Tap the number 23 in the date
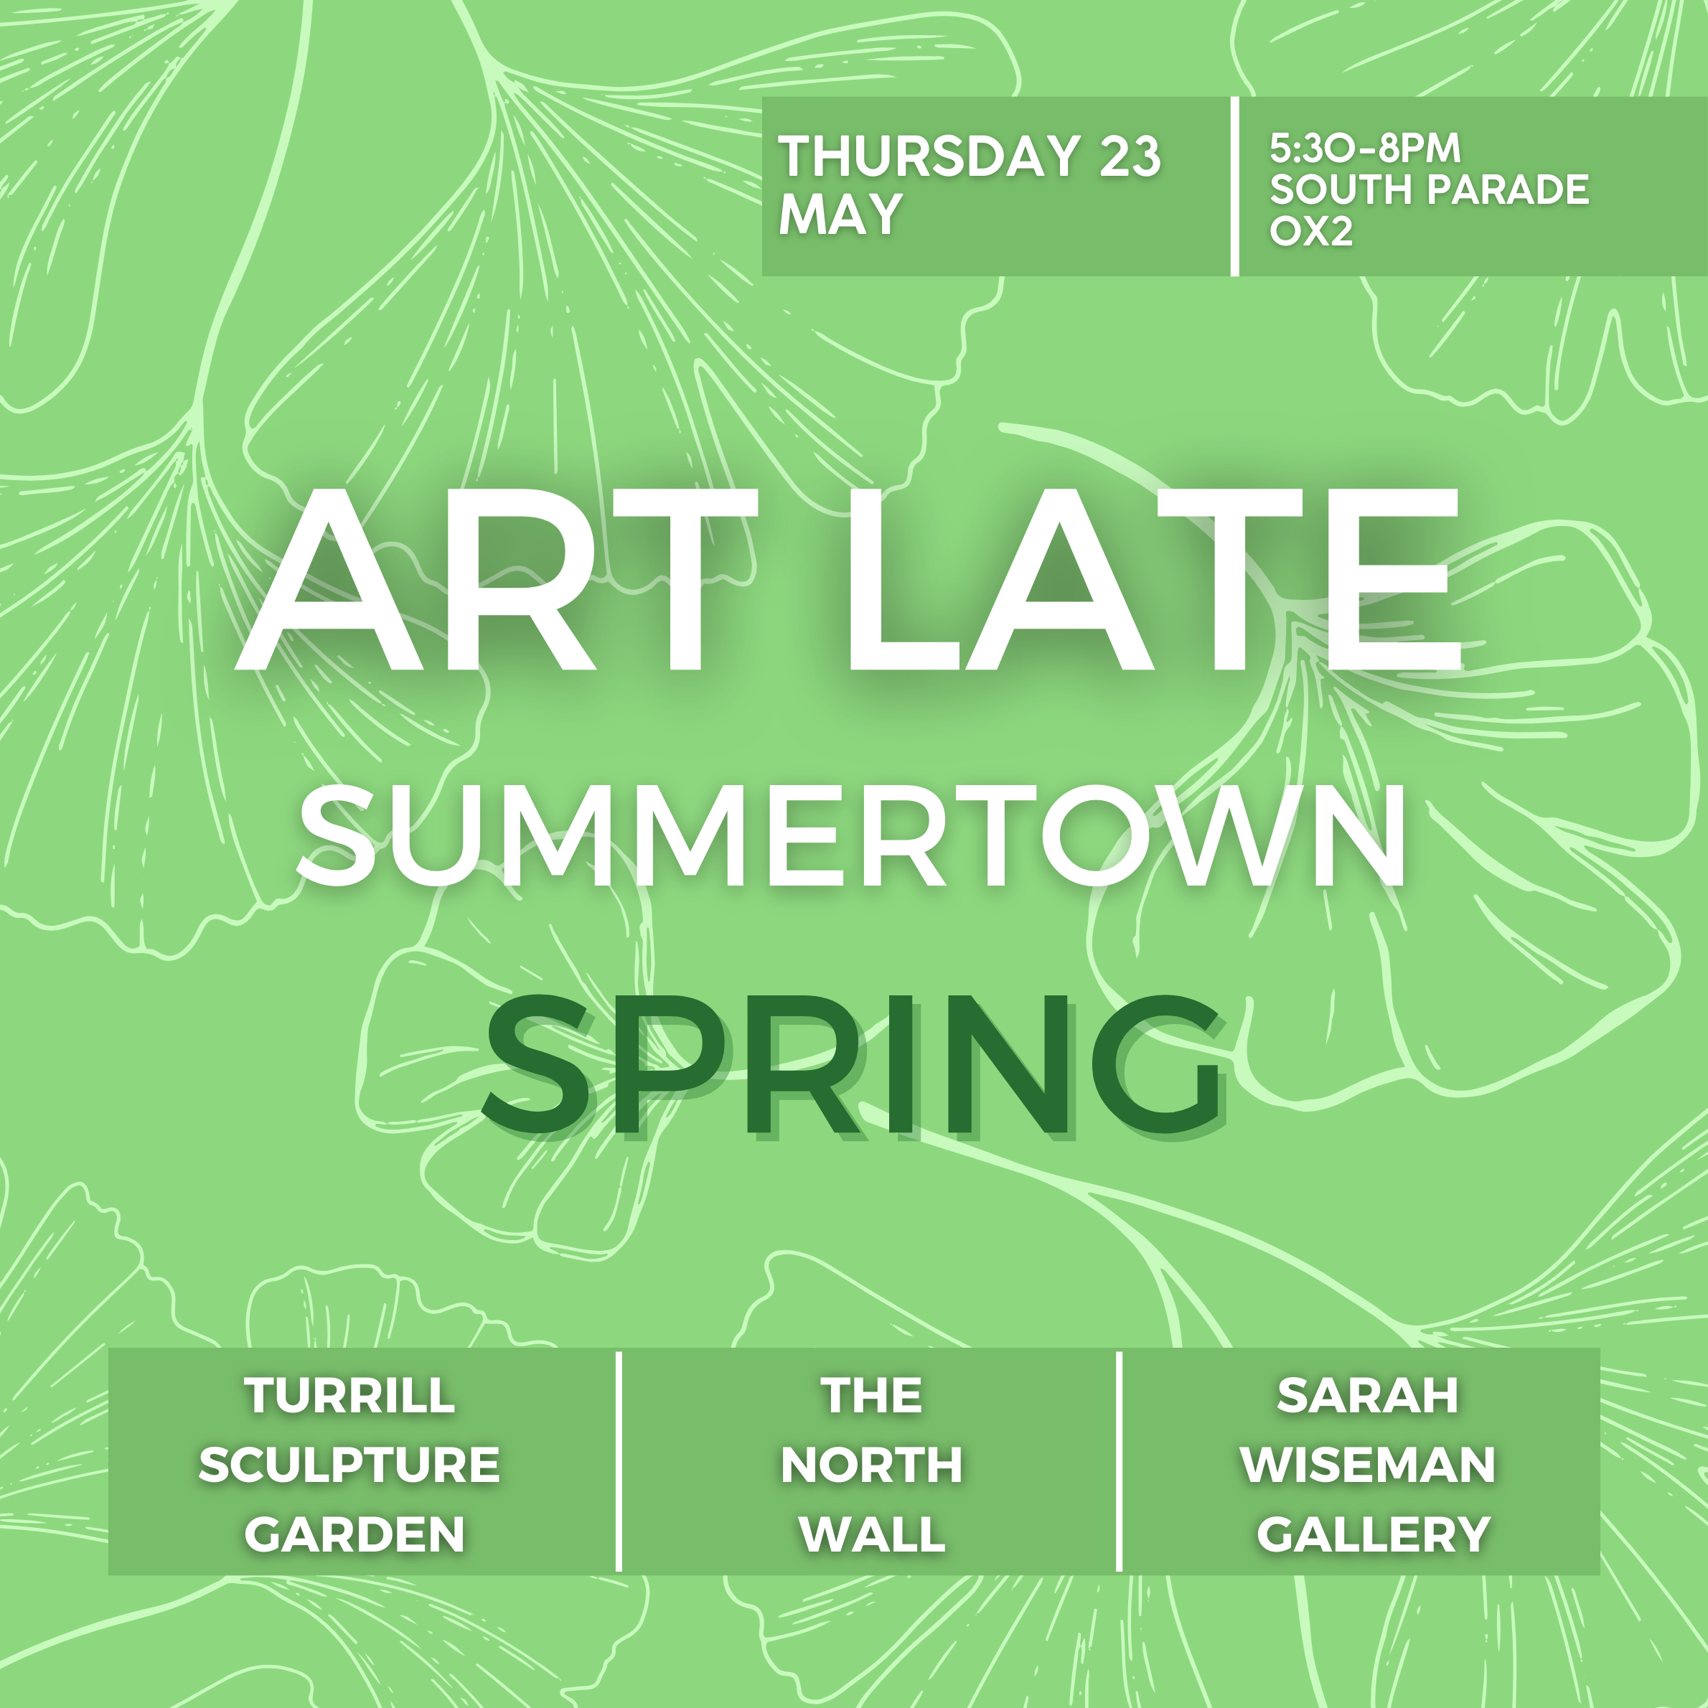(x=1130, y=156)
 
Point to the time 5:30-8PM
(x=1365, y=149)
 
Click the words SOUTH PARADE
(x=1430, y=189)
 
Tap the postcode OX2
(x=1311, y=231)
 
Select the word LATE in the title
(x=1155, y=579)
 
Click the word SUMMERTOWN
(x=853, y=835)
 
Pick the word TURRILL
(x=350, y=1395)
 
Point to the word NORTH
(x=872, y=1465)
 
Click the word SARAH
(x=1368, y=1395)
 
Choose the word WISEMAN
(x=1369, y=1465)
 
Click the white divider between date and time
(x=1234, y=186)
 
